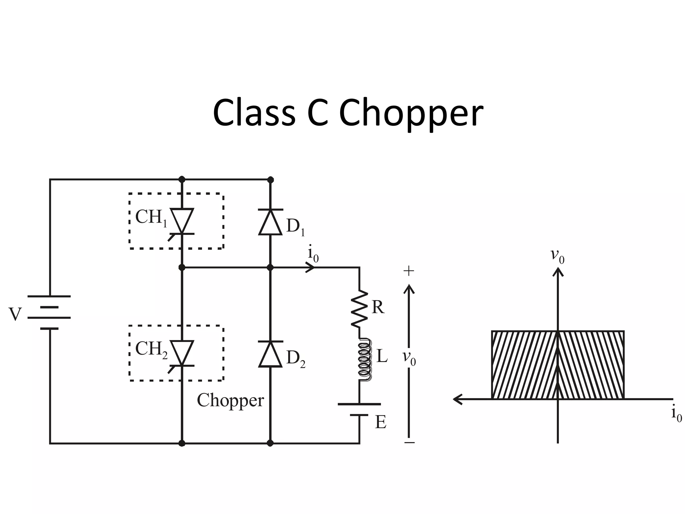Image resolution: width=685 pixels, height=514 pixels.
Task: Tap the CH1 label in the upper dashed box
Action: pos(151,218)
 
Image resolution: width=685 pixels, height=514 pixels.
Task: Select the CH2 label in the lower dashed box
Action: pos(151,349)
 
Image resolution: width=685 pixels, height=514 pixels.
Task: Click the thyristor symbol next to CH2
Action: pos(182,353)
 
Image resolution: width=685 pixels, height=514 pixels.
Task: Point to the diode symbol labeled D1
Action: pos(270,222)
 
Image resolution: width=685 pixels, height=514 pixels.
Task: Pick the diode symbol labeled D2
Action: pos(270,354)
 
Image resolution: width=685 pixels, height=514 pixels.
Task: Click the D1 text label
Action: pos(295,227)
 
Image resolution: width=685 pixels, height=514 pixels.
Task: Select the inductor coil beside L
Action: pos(364,360)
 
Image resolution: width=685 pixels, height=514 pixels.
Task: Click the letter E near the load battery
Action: pos(381,422)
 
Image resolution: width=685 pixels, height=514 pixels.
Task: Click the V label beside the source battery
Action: pos(15,314)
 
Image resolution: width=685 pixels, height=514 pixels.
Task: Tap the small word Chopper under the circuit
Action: pos(230,401)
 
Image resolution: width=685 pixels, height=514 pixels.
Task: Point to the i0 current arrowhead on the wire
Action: pos(311,267)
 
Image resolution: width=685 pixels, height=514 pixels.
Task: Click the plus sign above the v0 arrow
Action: pos(409,271)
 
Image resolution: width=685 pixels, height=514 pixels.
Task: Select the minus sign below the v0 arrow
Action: pos(409,443)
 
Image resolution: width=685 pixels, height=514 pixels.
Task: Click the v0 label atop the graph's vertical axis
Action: pos(557,256)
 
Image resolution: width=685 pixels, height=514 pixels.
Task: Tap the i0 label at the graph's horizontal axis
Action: pos(676,415)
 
